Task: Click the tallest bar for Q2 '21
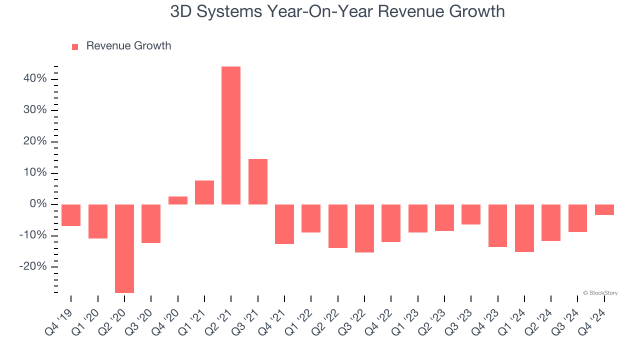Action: pos(231,135)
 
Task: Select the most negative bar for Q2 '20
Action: pos(124,248)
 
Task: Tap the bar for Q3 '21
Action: pos(258,181)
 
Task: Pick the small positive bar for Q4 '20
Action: pos(178,200)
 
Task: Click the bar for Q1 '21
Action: pos(204,192)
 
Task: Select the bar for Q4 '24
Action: pos(604,210)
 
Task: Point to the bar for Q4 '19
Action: pos(71,215)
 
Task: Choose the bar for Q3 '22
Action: pos(364,228)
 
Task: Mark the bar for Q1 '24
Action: pos(524,228)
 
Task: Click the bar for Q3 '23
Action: pos(471,214)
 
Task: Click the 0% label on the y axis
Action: pos(38,204)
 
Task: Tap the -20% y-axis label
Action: pos(33,266)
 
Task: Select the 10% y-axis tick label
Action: pos(35,173)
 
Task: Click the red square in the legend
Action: pos(75,46)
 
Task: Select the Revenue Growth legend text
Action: pos(128,46)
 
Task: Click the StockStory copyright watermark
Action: pos(600,293)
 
